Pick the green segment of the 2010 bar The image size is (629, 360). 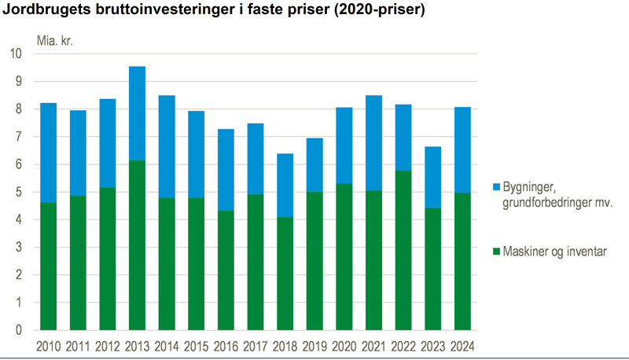tap(48, 266)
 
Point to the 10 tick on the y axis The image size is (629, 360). tap(16, 53)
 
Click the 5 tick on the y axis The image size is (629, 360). tap(18, 192)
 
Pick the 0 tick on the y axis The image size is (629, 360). tap(18, 330)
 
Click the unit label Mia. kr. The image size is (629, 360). tap(53, 39)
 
